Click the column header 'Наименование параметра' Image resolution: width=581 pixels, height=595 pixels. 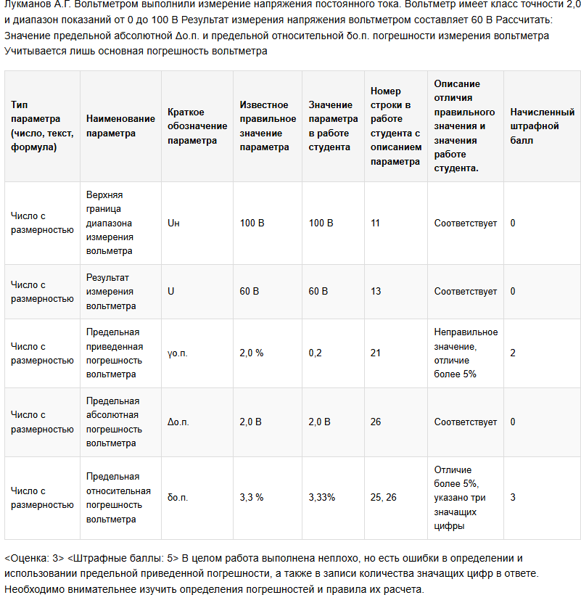120,126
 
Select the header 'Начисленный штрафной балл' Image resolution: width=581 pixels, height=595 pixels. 542,126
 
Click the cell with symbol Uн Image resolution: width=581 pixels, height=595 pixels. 173,223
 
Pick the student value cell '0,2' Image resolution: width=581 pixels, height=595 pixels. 316,353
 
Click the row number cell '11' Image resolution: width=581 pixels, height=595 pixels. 375,223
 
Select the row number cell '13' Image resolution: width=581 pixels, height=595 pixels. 375,292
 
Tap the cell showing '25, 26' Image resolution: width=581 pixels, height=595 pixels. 384,498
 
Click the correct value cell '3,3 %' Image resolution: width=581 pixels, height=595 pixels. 252,498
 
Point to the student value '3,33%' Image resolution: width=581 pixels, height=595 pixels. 321,498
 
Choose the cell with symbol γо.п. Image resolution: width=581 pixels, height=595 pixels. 178,353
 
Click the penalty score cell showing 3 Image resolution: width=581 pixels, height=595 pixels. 513,498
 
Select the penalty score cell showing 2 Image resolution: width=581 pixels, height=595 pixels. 513,353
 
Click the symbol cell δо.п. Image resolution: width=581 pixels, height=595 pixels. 178,498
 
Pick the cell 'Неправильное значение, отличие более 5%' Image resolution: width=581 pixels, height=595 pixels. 466,353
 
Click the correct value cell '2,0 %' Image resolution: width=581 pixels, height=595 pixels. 252,353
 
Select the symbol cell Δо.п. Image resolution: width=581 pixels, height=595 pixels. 178,422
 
